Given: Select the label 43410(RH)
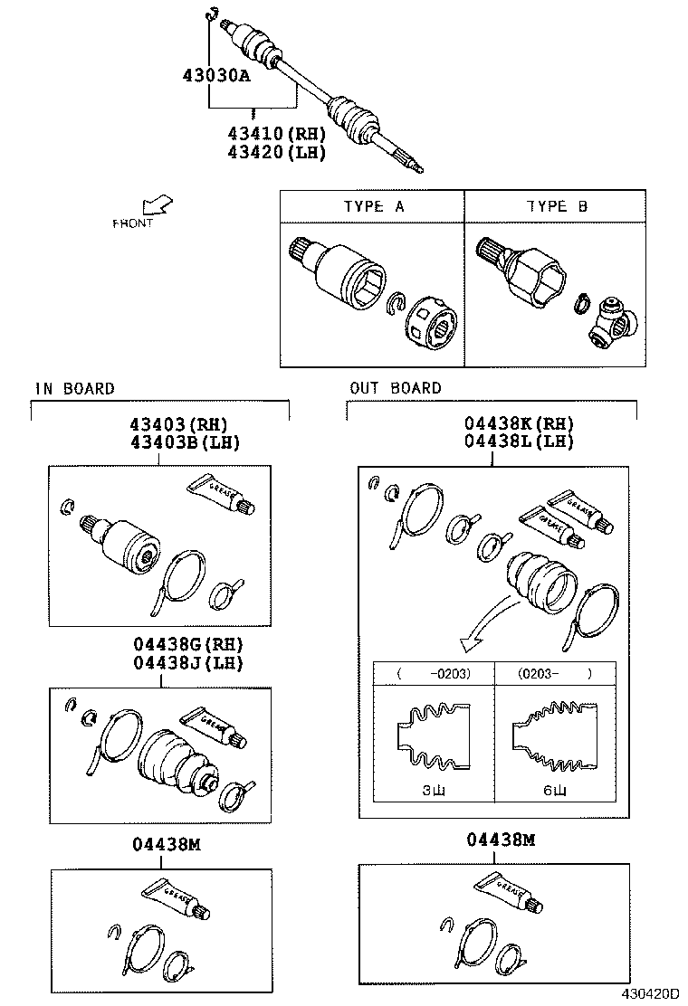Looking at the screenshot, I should pos(275,134).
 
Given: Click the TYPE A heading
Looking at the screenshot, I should pos(373,206).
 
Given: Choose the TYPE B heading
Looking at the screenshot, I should pos(557,206).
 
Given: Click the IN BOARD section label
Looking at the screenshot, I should pos(75,389).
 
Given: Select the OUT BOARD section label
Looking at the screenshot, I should pos(396,389).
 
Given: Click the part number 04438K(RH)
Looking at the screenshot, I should pos(519,423).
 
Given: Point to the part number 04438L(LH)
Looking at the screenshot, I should pos(519,441).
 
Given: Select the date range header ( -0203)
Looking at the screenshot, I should pos(434,673).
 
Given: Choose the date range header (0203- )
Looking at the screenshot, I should pos(555,673).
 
